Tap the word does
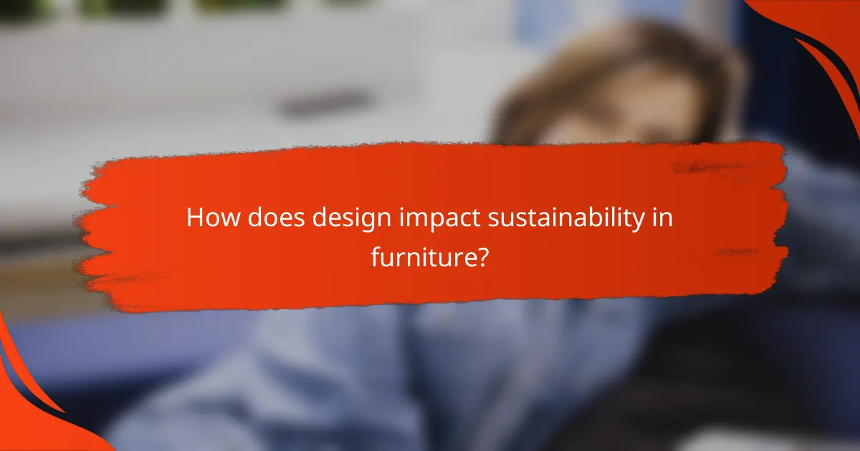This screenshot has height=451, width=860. tap(266, 219)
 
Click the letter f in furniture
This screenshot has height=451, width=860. tap(376, 256)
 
